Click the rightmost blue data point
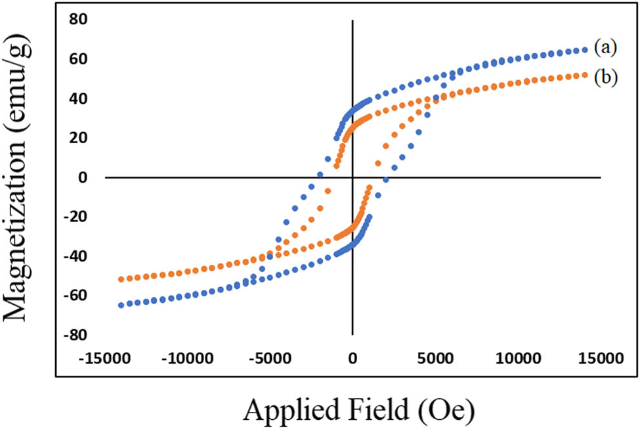coord(585,49)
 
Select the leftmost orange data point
coord(121,279)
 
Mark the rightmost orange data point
coord(585,75)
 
